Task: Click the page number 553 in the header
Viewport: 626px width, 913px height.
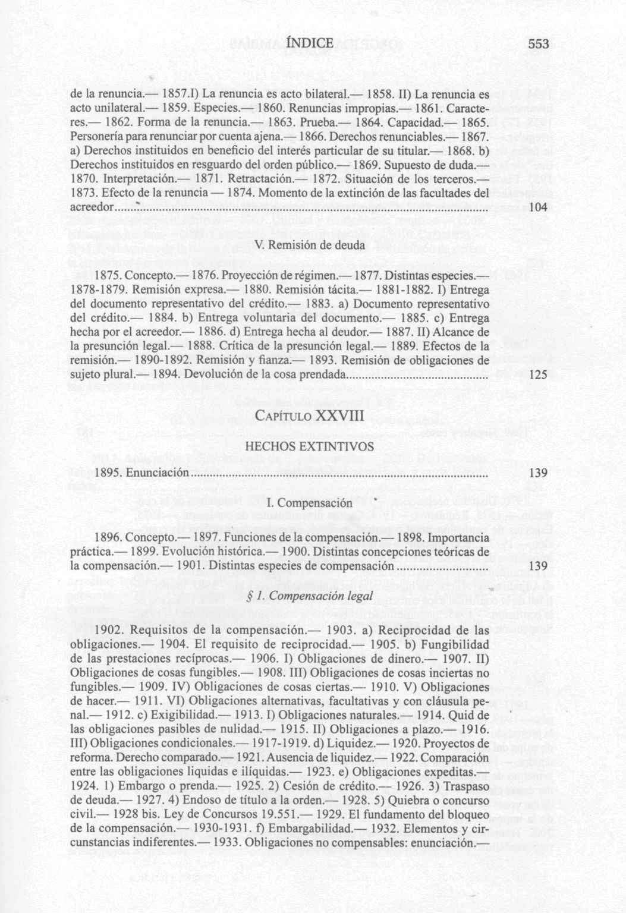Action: point(537,44)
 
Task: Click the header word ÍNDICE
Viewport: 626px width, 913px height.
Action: point(310,43)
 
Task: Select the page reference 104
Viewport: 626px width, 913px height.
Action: point(537,207)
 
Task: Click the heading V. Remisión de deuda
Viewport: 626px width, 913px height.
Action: point(309,246)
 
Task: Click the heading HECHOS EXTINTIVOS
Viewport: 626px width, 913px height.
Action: point(309,446)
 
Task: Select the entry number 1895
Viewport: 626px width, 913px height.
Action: point(109,473)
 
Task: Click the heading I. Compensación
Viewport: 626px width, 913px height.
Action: point(309,503)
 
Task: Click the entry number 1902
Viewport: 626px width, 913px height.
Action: point(109,629)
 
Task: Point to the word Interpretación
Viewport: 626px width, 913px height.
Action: point(139,179)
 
